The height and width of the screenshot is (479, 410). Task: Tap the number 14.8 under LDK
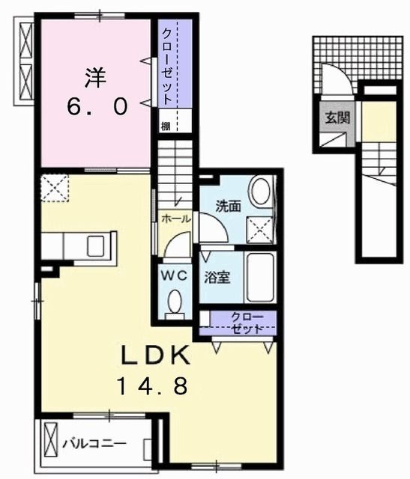157,387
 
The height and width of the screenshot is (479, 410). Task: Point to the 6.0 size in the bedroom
97,106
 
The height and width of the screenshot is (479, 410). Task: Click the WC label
175,274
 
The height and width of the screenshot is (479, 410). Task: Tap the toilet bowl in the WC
175,303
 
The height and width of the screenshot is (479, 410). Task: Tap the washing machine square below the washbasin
262,226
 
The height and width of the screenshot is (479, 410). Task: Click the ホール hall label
177,219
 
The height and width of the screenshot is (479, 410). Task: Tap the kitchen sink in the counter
97,245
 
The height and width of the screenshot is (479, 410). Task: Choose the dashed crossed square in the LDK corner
54,186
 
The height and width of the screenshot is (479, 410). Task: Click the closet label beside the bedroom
164,67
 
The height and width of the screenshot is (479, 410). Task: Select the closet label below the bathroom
245,322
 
